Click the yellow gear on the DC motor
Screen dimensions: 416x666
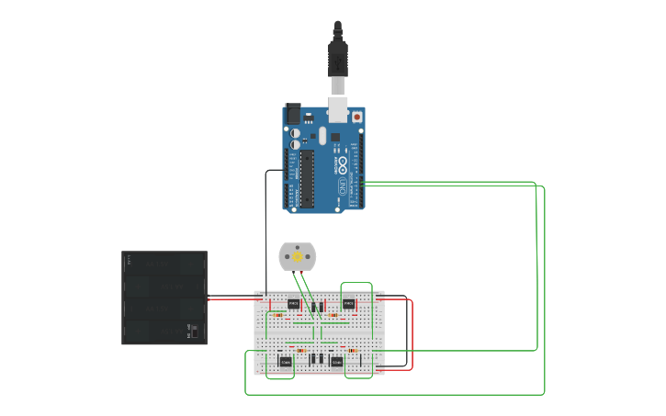click(299, 257)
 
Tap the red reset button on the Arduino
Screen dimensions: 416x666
click(356, 117)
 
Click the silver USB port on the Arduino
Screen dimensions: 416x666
click(338, 109)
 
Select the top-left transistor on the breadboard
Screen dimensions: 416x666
click(294, 303)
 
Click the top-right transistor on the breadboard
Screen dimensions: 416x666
click(349, 303)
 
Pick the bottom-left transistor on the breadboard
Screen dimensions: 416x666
click(286, 362)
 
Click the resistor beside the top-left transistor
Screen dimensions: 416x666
click(277, 313)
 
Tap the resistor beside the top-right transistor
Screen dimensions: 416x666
click(333, 314)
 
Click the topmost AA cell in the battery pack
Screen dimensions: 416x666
click(164, 264)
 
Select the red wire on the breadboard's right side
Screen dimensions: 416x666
click(412, 335)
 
